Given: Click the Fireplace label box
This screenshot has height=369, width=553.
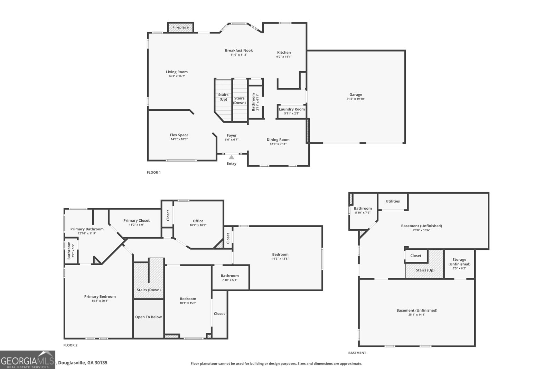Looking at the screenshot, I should pyautogui.click(x=180, y=27).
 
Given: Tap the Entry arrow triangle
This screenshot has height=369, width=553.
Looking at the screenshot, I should pyautogui.click(x=232, y=157).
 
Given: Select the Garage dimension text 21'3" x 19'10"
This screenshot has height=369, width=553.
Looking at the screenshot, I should pyautogui.click(x=356, y=99).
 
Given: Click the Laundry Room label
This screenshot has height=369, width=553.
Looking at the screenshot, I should pyautogui.click(x=292, y=109).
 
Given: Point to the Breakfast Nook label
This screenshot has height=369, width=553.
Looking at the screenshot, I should pyautogui.click(x=239, y=50).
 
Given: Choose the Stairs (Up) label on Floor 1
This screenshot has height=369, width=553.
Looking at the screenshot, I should pyautogui.click(x=223, y=97).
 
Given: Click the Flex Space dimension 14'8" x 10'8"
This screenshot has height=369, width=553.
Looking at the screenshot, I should pyautogui.click(x=179, y=139).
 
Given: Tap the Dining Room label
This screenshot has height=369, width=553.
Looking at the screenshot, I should pyautogui.click(x=278, y=140).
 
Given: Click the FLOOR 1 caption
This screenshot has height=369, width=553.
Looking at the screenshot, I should pyautogui.click(x=154, y=173).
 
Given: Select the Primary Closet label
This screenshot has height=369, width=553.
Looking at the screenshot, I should pyautogui.click(x=136, y=221).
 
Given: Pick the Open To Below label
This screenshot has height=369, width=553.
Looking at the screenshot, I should pyautogui.click(x=148, y=317).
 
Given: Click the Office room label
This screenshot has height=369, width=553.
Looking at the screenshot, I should pyautogui.click(x=198, y=221).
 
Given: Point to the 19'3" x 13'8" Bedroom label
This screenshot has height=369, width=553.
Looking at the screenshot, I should pyautogui.click(x=280, y=255).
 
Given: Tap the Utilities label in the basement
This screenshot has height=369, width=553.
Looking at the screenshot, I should pyautogui.click(x=393, y=201).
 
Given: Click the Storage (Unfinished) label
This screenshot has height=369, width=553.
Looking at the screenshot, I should pyautogui.click(x=459, y=262).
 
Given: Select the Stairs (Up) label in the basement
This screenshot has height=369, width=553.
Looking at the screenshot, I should pyautogui.click(x=425, y=270).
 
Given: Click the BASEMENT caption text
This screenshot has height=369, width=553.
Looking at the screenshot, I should pyautogui.click(x=357, y=353).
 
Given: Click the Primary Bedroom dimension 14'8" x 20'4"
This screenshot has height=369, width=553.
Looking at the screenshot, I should pyautogui.click(x=100, y=301).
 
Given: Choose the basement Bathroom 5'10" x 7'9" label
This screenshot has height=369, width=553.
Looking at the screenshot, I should pyautogui.click(x=363, y=209).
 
